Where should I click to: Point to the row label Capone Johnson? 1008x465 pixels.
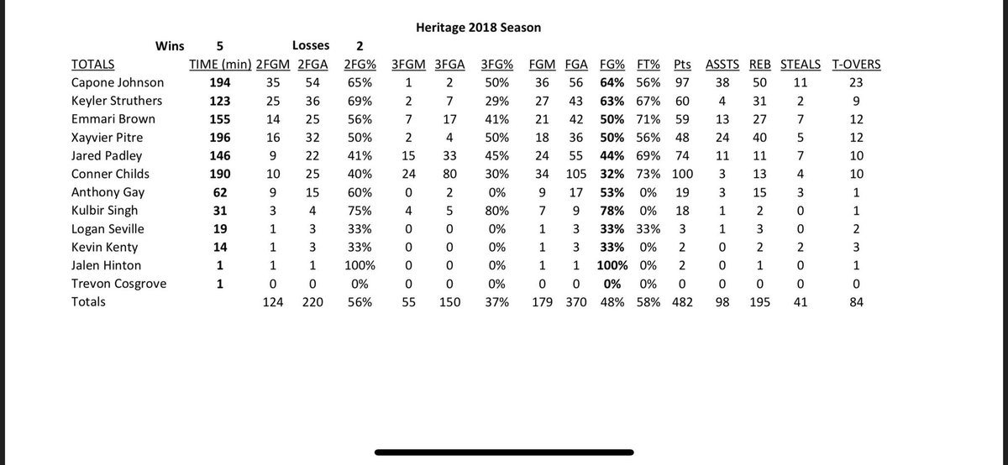coord(118,83)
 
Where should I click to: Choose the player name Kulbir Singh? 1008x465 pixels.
coord(108,210)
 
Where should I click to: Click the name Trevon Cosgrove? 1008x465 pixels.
coord(119,283)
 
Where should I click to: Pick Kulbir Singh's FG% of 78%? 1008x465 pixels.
coord(612,210)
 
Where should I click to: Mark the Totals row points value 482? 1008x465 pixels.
coord(681,300)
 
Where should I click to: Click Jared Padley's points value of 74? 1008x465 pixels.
coord(681,155)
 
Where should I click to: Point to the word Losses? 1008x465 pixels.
coord(310,46)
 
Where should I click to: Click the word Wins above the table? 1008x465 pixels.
coord(170,46)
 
